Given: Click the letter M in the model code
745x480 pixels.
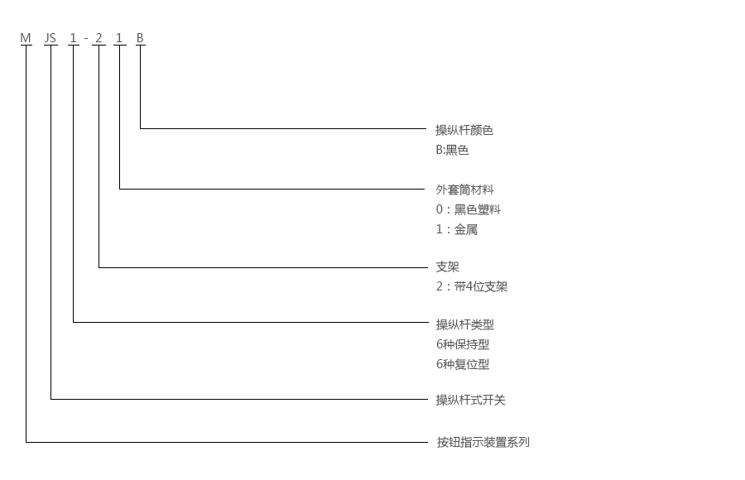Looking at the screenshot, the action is pos(26,38).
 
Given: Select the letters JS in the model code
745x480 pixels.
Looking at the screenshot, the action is pos(51,38).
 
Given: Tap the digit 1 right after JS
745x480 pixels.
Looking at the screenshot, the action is pos(74,38).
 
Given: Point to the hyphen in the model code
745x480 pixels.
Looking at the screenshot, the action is pos(86,39).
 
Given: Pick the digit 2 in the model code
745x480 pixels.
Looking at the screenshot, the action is pos(99,38).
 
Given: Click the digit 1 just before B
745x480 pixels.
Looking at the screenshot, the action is pos(120,38).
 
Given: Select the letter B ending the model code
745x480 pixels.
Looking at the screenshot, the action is pos(140,38).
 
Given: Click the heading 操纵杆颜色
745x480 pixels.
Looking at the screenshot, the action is pos(464,130).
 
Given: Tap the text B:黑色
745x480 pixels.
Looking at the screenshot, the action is pos(452,150).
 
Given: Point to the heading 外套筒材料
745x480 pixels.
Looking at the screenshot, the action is pos(464,190).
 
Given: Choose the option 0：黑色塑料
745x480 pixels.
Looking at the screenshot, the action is pos(469,209).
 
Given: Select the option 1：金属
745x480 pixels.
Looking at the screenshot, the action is pos(457,229).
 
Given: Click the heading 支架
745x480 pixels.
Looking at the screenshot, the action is pos(447,267).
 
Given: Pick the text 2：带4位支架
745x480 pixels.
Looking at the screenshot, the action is pos(472,287).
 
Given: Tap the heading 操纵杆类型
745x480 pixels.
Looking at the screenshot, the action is pos(464,324).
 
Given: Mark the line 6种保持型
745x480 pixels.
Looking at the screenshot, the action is pos(463,344).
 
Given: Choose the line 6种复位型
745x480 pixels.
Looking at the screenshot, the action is pos(463,364).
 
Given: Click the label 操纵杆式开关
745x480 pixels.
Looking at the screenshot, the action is pos(470,400).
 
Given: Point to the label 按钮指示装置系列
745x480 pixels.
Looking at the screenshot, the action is pos(483,442).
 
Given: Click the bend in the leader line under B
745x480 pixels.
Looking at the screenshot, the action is pos(140,128).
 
